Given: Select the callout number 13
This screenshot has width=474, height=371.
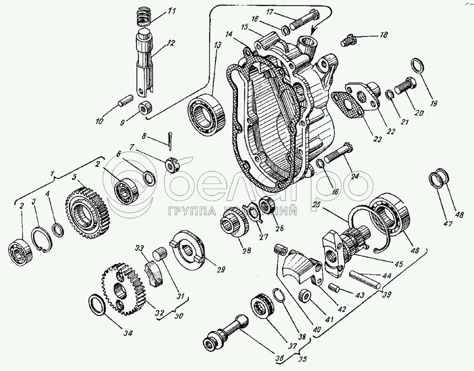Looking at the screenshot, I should coord(218,45).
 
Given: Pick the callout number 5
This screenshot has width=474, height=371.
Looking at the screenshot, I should coord(74,177).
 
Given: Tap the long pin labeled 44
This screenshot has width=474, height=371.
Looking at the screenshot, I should coord(363,279).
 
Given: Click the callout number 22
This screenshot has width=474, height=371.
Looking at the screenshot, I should coord(391,132).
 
